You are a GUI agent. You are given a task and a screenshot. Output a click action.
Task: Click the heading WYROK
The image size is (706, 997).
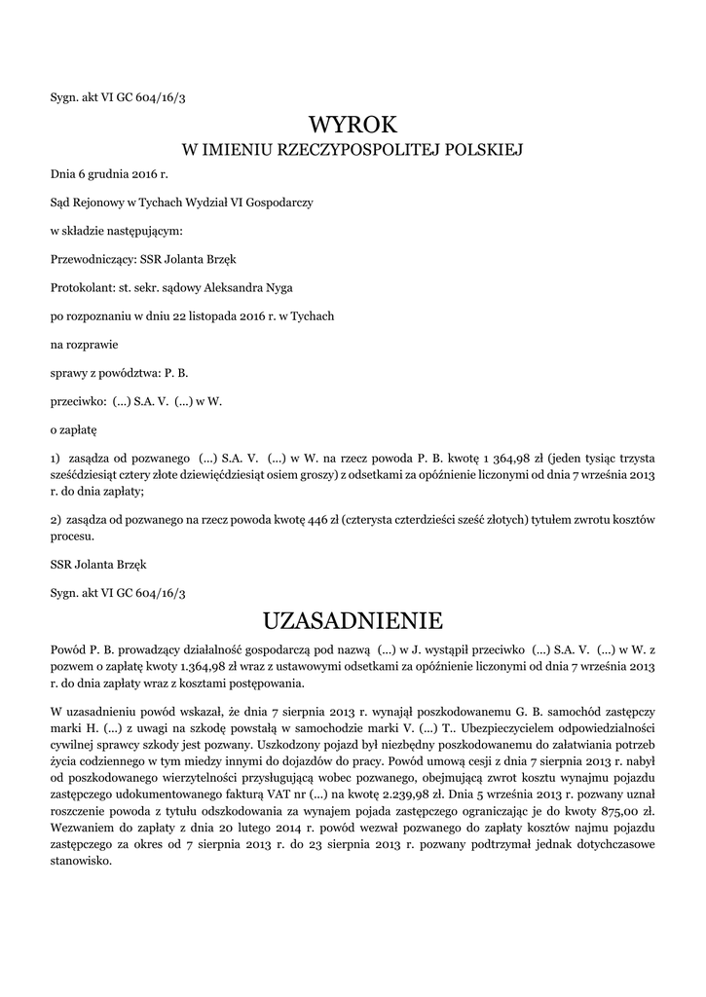pos(353,125)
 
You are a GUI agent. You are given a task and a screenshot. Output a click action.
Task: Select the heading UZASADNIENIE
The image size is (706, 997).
pos(353,620)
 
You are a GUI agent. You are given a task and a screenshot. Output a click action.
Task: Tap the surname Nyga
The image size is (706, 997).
pos(279,288)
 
